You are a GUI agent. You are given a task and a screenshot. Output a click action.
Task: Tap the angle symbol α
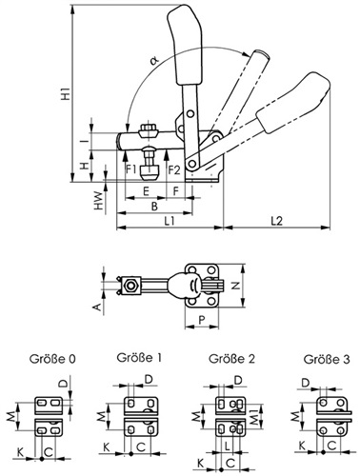(x=155, y=61)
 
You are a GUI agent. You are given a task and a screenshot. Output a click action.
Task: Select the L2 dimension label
(x=277, y=221)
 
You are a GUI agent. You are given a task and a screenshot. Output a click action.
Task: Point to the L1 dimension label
(x=170, y=221)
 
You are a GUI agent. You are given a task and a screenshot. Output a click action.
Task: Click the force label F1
(x=131, y=169)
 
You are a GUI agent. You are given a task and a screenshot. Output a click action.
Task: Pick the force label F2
(x=174, y=170)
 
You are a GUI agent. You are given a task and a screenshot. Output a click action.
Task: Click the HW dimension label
(x=99, y=201)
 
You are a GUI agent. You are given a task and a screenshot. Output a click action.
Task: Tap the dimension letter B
(x=154, y=207)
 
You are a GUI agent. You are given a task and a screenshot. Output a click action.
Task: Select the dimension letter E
(x=146, y=191)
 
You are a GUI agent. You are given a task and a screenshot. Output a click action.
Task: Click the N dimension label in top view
(x=235, y=286)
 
